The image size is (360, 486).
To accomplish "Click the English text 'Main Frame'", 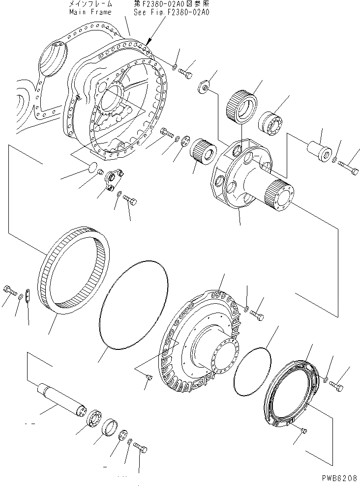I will coord(90,12).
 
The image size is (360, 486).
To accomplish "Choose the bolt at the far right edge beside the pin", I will coord(351,170).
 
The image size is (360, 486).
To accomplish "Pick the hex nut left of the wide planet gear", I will coord(203,88).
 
